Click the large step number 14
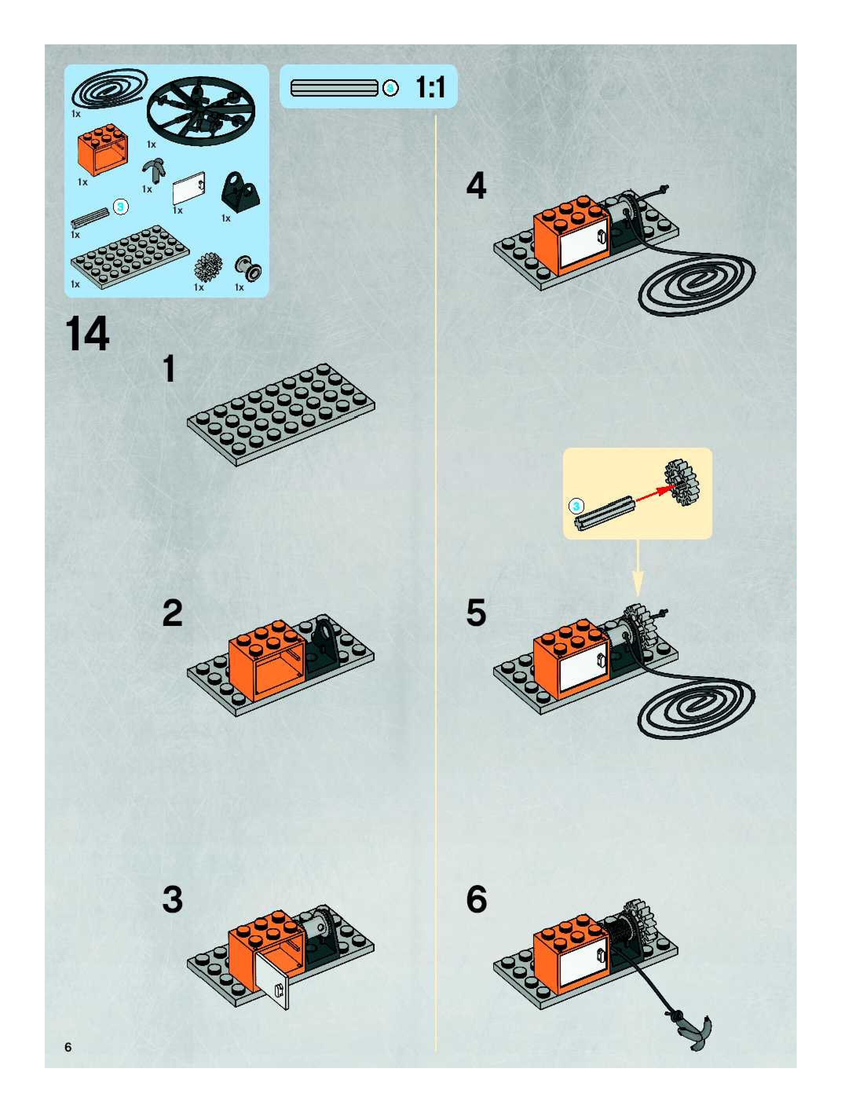coord(87,334)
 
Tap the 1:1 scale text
coord(430,87)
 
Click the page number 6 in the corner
coord(68,1047)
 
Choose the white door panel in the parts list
coord(189,192)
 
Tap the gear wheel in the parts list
coord(208,267)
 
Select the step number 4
coord(476,186)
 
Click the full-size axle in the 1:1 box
coord(334,88)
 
